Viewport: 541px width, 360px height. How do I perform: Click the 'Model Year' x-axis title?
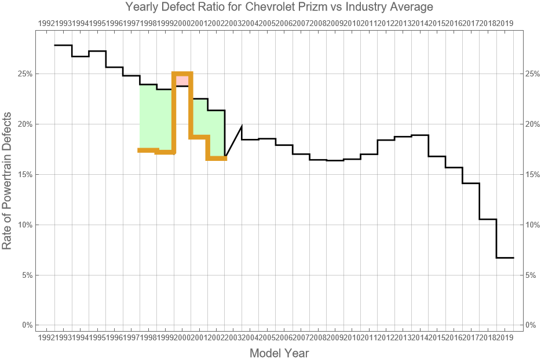tap(279, 352)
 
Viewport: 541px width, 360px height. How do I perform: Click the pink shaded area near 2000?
tap(182, 80)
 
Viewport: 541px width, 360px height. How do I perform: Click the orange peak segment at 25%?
tap(182, 74)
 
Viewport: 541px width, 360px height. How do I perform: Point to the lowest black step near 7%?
tap(505, 258)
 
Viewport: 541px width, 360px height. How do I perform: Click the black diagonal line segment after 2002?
tap(233, 141)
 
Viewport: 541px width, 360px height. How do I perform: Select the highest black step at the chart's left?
tap(63, 45)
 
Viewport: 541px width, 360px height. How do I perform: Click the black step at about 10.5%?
tap(488, 219)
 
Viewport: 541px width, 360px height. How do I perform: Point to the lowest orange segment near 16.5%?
tap(217, 158)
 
